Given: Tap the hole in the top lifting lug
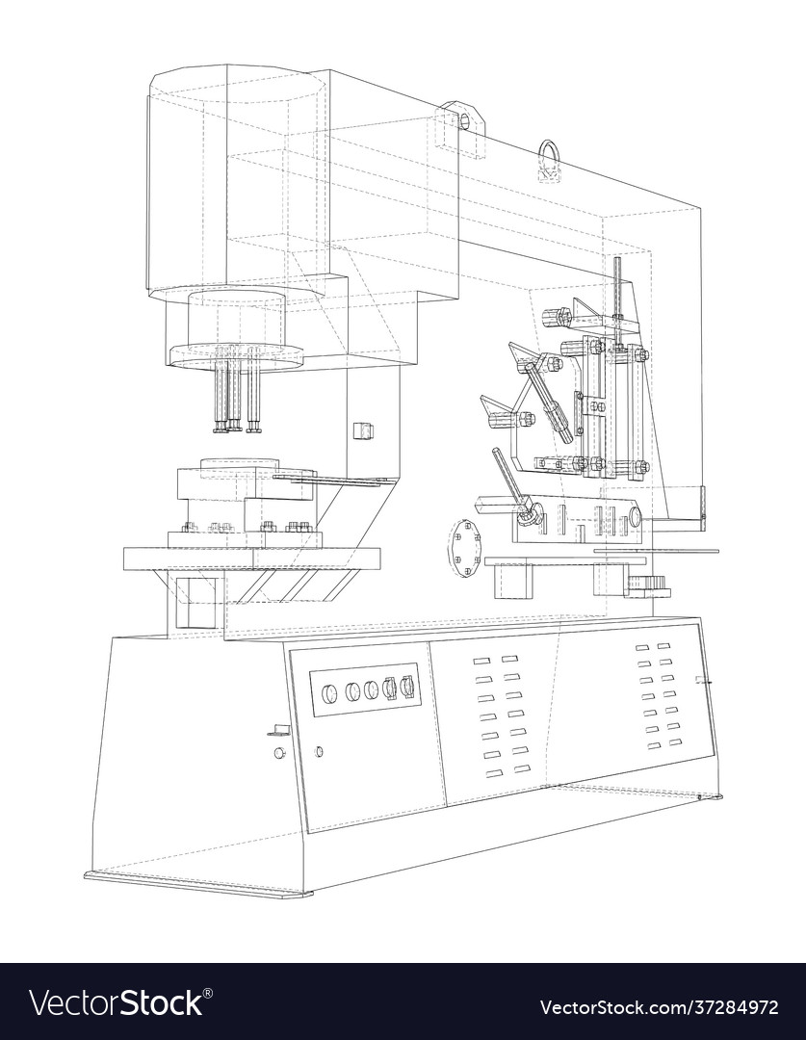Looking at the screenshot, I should (x=465, y=121).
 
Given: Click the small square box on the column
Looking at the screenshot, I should (x=362, y=429).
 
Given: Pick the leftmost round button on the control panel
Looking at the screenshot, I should (x=329, y=693).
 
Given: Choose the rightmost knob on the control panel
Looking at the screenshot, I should (x=408, y=686).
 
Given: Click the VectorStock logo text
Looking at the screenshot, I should (x=116, y=1002).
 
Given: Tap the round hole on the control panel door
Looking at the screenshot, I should (x=319, y=751).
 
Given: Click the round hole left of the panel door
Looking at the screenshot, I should (x=279, y=753).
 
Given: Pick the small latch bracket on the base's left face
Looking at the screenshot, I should (x=278, y=730).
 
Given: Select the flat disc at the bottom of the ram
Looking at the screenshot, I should (x=236, y=356).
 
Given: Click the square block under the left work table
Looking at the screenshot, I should (x=195, y=602).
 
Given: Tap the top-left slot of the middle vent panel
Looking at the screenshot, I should (x=481, y=662).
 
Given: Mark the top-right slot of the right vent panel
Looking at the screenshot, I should (x=664, y=646).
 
